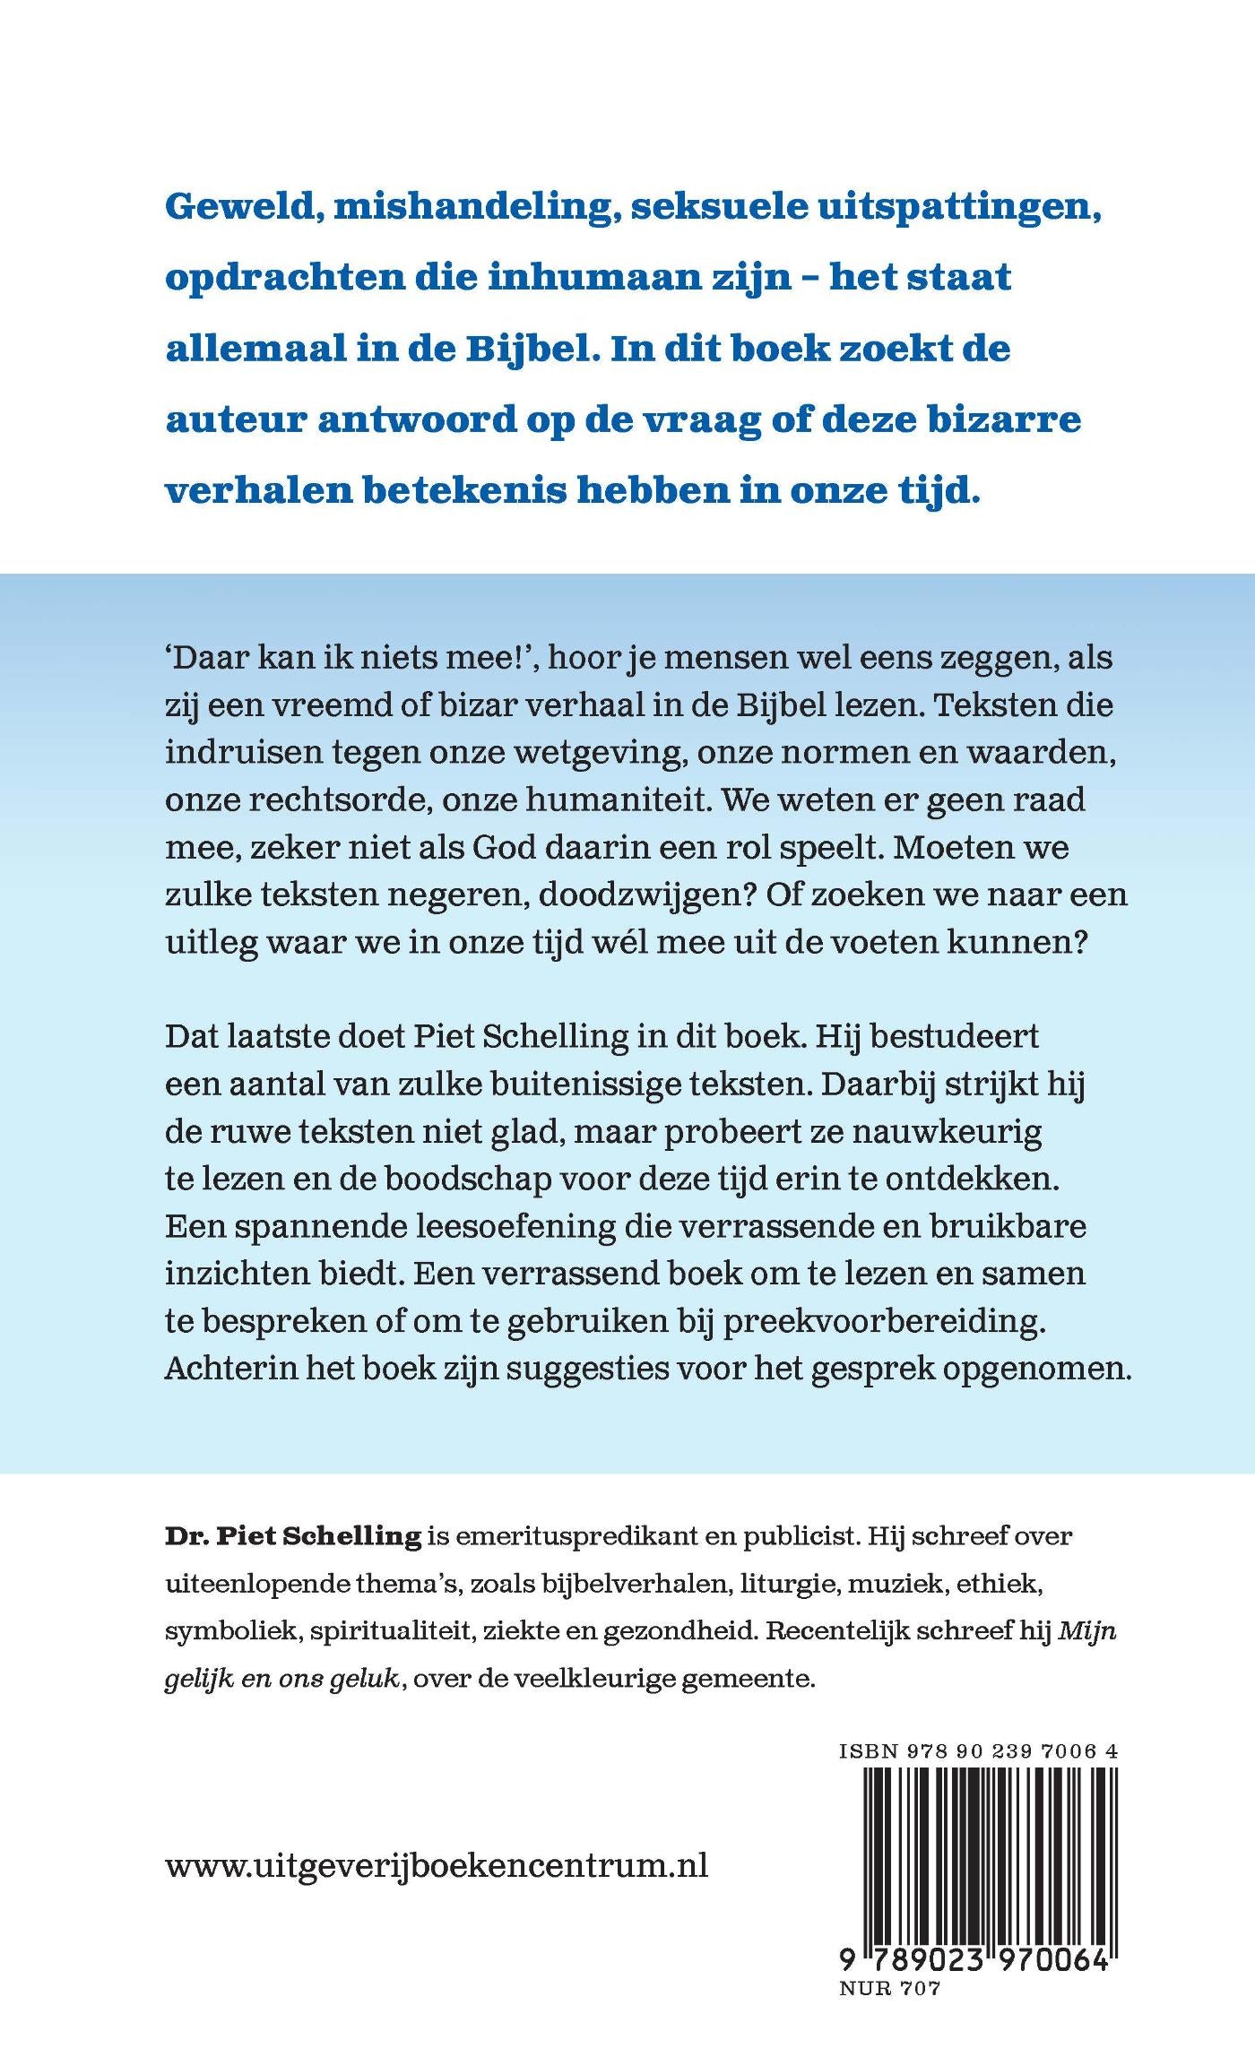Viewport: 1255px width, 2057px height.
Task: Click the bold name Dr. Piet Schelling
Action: (293, 1536)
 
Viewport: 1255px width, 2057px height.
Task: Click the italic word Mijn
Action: (1087, 1631)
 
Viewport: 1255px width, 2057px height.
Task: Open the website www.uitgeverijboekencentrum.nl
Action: (437, 1865)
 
